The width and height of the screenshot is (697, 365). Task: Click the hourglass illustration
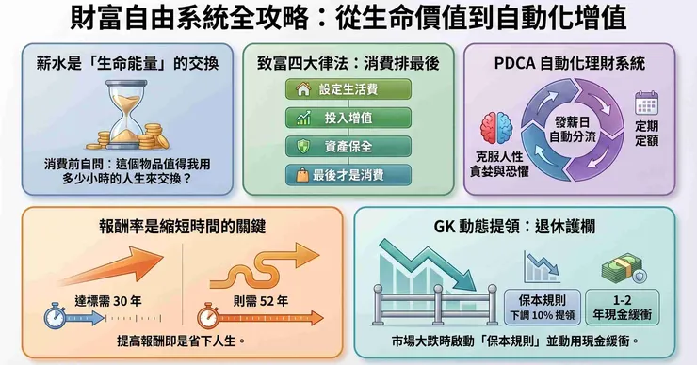tap(126, 115)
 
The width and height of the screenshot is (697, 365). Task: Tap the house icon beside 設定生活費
tap(303, 89)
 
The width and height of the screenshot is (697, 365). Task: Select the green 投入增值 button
tap(348, 119)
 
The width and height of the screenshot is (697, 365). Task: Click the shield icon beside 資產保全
tap(303, 147)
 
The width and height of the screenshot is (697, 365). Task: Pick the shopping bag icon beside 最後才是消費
tap(302, 175)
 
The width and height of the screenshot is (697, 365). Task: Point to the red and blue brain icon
tap(496, 128)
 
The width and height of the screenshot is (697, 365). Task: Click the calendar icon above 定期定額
tap(646, 103)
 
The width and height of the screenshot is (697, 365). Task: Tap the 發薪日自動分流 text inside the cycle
tap(573, 129)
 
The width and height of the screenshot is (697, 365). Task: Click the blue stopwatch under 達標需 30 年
tap(56, 317)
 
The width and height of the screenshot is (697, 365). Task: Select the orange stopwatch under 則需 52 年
tap(208, 317)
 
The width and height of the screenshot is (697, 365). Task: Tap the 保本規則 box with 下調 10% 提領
tap(542, 307)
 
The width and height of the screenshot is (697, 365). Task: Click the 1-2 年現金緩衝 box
tap(622, 307)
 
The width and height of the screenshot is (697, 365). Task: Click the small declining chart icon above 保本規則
tap(542, 267)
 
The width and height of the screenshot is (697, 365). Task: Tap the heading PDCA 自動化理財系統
tap(570, 63)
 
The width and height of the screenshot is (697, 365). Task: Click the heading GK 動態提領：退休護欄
tap(514, 227)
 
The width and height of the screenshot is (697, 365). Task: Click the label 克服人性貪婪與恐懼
tap(499, 164)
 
